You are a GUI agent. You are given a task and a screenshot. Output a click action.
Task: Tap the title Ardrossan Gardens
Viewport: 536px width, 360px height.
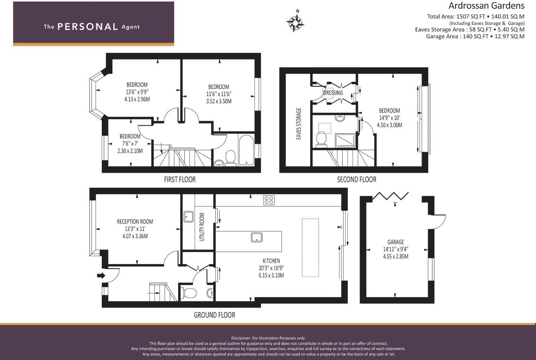tap(486, 6)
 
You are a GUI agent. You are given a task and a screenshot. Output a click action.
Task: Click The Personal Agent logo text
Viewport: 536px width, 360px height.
tap(92, 27)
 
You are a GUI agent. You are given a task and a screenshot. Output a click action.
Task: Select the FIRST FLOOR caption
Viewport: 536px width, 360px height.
tap(180, 179)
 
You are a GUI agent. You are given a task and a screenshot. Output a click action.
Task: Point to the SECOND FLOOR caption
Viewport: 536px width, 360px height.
tap(356, 179)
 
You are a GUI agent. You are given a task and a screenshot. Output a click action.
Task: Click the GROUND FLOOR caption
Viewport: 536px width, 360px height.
tap(214, 315)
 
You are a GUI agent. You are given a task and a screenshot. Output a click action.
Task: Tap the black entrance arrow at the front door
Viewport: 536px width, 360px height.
tap(101, 275)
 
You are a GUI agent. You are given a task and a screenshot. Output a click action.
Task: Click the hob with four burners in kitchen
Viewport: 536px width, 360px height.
tap(269, 200)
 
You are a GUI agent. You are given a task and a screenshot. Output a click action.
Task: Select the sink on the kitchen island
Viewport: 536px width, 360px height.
tap(257, 237)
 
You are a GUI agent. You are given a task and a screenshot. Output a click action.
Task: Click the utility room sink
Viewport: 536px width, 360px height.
tap(188, 216)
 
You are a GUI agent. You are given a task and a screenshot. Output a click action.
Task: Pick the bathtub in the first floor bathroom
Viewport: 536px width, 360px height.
tap(246, 150)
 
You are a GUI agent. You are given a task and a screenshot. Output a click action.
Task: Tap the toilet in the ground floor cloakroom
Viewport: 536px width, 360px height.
tap(188, 293)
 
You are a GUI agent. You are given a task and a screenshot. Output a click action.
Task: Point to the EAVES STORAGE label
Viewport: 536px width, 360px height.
tap(299, 124)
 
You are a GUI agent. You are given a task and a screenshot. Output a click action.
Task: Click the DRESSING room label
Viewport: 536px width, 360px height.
tap(333, 93)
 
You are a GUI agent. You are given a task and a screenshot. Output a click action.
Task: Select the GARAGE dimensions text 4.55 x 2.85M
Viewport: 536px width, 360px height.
tap(396, 256)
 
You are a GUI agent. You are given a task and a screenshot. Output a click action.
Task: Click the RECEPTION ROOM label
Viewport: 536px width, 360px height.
tap(135, 221)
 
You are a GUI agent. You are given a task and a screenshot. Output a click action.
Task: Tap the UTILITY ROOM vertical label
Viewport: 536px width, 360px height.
tap(202, 227)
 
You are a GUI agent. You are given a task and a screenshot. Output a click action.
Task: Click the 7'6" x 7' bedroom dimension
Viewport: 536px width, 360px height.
tap(130, 144)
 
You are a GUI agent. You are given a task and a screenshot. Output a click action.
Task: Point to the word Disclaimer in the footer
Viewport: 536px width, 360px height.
tap(241, 338)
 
